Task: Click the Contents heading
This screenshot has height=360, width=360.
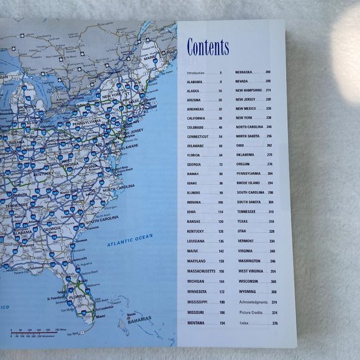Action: tap(208, 47)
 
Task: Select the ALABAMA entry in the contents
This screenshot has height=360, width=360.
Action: tap(195, 81)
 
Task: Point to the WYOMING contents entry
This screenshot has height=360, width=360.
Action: tap(247, 292)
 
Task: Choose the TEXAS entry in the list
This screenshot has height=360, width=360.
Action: tap(242, 222)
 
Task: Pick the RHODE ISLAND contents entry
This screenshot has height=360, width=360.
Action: tap(250, 183)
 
